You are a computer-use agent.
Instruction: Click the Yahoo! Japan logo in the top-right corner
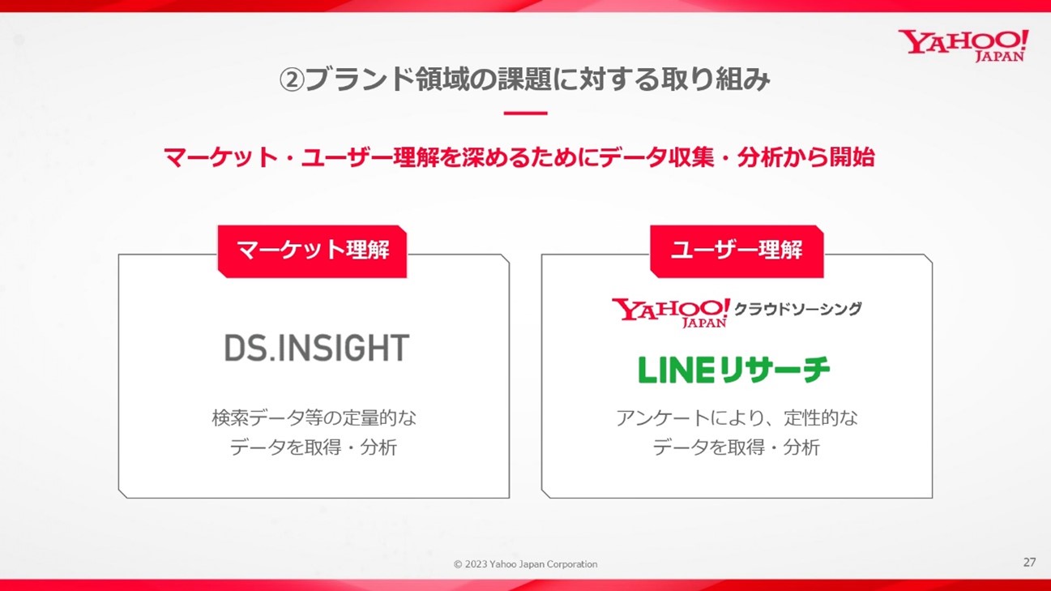(963, 45)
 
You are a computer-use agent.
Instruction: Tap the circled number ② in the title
(292, 79)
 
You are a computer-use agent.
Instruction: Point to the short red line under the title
(525, 113)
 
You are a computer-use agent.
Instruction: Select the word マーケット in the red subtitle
(220, 156)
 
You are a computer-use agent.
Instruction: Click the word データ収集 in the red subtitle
(657, 156)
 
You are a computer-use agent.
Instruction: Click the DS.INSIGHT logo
(317, 348)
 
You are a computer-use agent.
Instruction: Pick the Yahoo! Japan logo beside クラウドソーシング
(671, 312)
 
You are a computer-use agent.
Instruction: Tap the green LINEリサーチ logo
(734, 370)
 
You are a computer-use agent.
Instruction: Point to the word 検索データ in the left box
(257, 418)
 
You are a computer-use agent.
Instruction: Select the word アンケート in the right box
(662, 418)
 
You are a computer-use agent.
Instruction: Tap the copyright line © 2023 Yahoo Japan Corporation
(525, 563)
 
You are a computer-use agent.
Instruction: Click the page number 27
(1029, 562)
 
